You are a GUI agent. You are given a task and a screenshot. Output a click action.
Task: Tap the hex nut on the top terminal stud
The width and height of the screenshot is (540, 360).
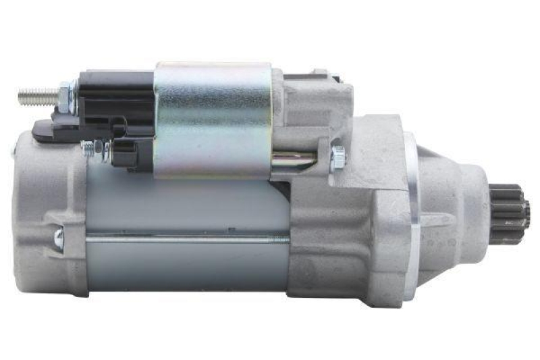point(65,96)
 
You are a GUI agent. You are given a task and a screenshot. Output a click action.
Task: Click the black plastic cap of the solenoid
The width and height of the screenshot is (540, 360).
point(115,101)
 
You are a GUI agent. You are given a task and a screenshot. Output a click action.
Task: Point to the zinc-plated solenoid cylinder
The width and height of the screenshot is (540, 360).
point(213,118)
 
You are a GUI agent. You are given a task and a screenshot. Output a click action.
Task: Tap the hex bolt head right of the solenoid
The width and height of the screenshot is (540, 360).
point(338,157)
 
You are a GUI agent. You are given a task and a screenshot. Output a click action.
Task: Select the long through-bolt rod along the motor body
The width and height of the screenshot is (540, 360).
point(182,238)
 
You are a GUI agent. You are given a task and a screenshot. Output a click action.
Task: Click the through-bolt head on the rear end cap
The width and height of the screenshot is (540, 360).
point(59,237)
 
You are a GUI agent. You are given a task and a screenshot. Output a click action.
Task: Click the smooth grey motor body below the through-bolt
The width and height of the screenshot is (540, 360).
point(182,267)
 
